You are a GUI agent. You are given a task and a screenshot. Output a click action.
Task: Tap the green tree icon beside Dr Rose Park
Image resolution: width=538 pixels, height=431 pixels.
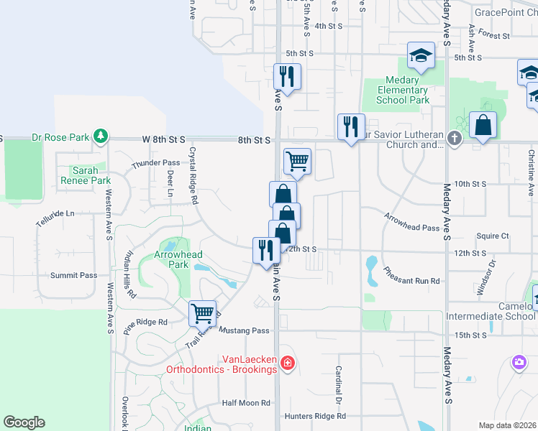click(101, 136)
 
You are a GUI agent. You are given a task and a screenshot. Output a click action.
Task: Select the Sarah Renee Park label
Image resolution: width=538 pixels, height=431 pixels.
click(91, 175)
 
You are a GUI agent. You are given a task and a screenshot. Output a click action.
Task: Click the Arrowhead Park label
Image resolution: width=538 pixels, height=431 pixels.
click(178, 259)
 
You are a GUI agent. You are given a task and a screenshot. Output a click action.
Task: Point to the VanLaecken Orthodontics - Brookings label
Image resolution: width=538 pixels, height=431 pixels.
click(222, 364)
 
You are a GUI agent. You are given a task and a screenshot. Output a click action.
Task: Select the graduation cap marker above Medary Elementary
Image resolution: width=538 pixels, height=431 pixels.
click(421, 55)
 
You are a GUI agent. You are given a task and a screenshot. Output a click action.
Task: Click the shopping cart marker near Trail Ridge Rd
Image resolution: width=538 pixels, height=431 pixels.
click(203, 313)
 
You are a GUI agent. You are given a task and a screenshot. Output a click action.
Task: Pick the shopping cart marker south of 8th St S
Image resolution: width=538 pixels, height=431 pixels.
click(297, 162)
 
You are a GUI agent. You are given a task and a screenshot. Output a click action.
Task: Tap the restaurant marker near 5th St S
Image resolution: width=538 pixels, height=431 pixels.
click(287, 77)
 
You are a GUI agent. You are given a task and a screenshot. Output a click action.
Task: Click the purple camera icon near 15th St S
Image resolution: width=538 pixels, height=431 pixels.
click(519, 363)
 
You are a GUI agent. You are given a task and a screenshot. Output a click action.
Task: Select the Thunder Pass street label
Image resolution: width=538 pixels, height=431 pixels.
click(155, 164)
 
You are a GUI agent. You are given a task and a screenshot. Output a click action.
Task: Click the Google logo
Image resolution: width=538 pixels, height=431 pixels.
click(24, 422)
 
